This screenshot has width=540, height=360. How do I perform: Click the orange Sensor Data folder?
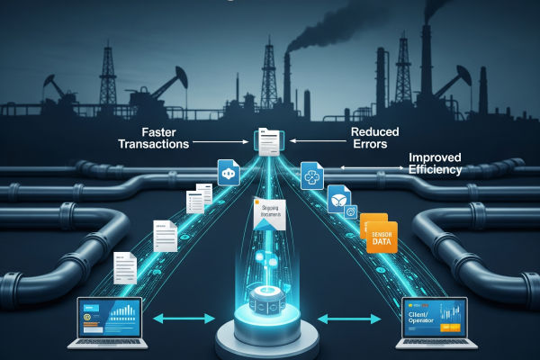(x=378, y=233)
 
